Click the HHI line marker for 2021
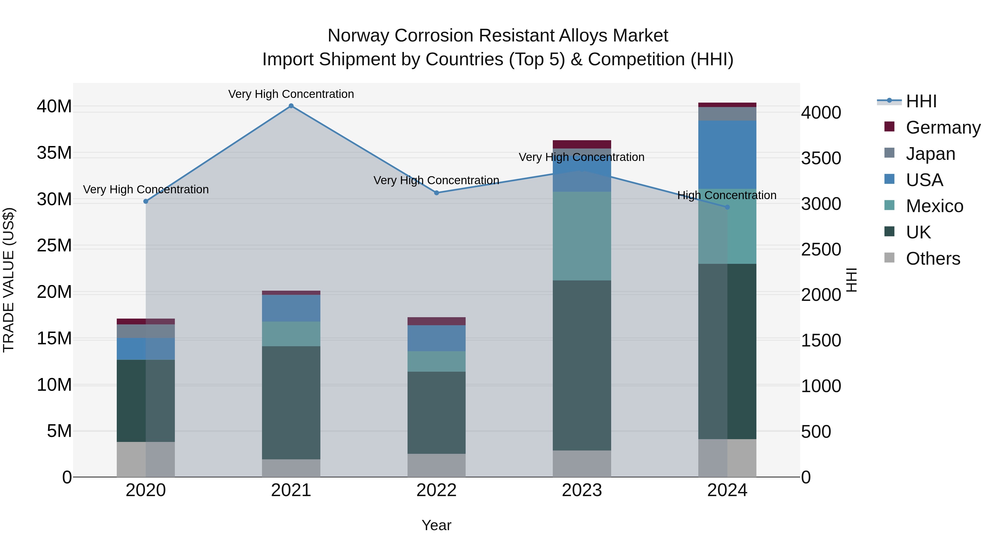291,106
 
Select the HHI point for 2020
146,201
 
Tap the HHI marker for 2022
437,193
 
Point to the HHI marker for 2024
727,207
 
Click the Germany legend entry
943,127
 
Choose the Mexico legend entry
934,206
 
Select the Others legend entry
933,259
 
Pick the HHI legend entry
921,101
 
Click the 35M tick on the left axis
54,153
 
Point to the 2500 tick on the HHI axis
821,250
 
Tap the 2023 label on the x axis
582,490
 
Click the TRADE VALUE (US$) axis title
9,280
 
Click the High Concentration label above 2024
727,195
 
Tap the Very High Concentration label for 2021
291,94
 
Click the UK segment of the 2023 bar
582,365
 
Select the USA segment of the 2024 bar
727,155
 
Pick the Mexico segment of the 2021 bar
291,334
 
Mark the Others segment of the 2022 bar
437,465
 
